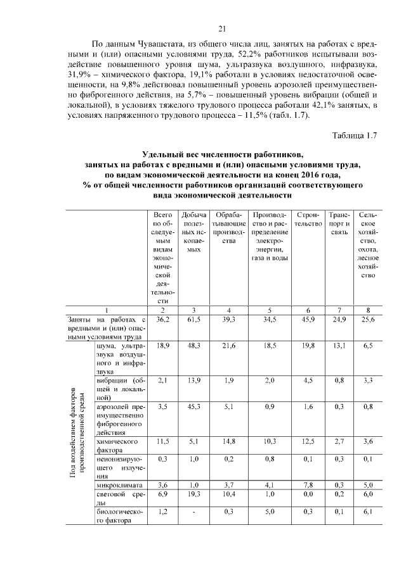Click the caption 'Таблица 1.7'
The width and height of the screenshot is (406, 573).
pos(355,135)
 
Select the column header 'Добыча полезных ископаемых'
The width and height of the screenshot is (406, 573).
pos(193,232)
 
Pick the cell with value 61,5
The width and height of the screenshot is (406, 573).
pos(193,320)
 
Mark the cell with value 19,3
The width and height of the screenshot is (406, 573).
pos(193,493)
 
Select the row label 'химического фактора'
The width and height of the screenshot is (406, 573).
pos(117,444)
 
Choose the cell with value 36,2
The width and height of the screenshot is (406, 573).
pos(163,320)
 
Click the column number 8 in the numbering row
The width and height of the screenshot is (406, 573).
pos(369,310)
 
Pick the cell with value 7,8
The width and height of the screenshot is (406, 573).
pos(308,484)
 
